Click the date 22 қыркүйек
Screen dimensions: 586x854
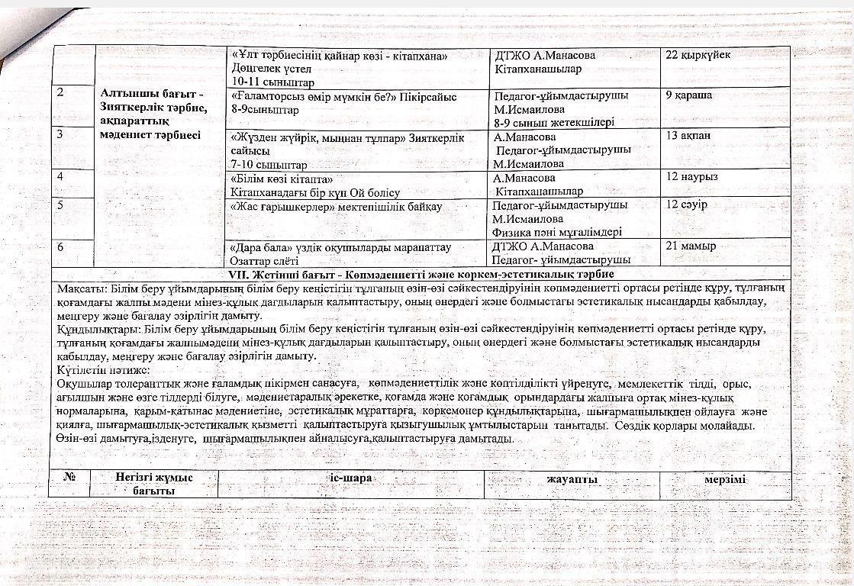[x=698, y=56]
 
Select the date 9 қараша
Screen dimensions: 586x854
[x=689, y=95]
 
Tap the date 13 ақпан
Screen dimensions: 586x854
[x=688, y=137]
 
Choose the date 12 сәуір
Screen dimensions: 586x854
[x=687, y=204]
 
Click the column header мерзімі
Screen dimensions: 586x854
[x=725, y=479]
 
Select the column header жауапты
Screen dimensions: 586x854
[x=572, y=479]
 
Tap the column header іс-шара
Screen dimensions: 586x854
[x=350, y=478]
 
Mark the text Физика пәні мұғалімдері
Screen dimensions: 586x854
[x=557, y=232]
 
